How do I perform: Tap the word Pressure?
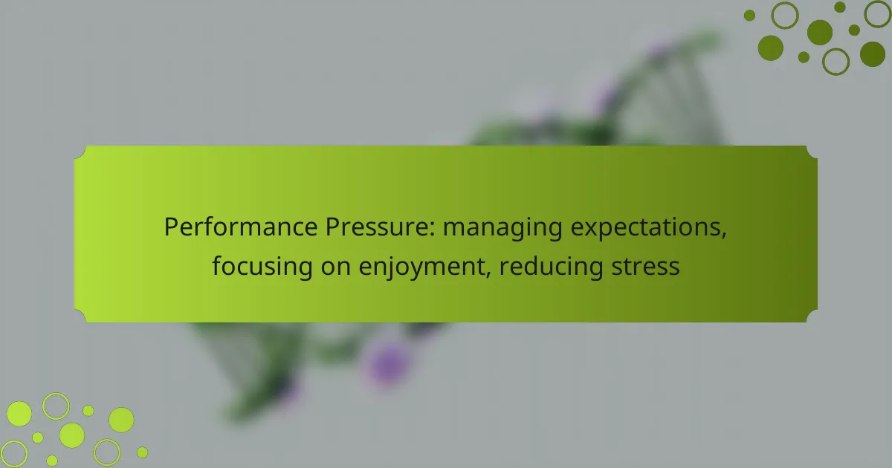click(377, 227)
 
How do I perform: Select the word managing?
click(502, 230)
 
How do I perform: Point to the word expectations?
click(645, 230)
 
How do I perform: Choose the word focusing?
click(262, 267)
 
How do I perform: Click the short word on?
click(335, 268)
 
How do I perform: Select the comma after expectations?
click(723, 235)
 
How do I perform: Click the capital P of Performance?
click(171, 227)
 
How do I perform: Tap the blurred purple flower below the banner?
click(388, 364)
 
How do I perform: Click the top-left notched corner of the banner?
click(81, 153)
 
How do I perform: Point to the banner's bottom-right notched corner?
click(811, 315)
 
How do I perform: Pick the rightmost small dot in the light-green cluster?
click(142, 452)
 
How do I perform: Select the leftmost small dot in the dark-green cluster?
click(749, 16)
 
